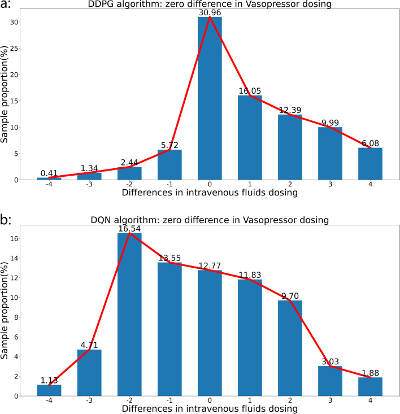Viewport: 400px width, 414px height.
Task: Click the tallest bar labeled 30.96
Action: tap(210, 99)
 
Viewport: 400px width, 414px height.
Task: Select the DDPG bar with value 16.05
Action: tap(250, 138)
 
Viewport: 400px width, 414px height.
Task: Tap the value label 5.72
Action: tap(169, 145)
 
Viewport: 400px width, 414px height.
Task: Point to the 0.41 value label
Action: tap(49, 173)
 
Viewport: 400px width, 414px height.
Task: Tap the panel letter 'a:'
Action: tap(7, 6)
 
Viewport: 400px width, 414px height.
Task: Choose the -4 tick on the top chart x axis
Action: tap(49, 185)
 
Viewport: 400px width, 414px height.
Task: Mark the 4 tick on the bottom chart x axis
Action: tap(370, 400)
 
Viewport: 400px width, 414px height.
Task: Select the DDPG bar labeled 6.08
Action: tap(370, 164)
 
